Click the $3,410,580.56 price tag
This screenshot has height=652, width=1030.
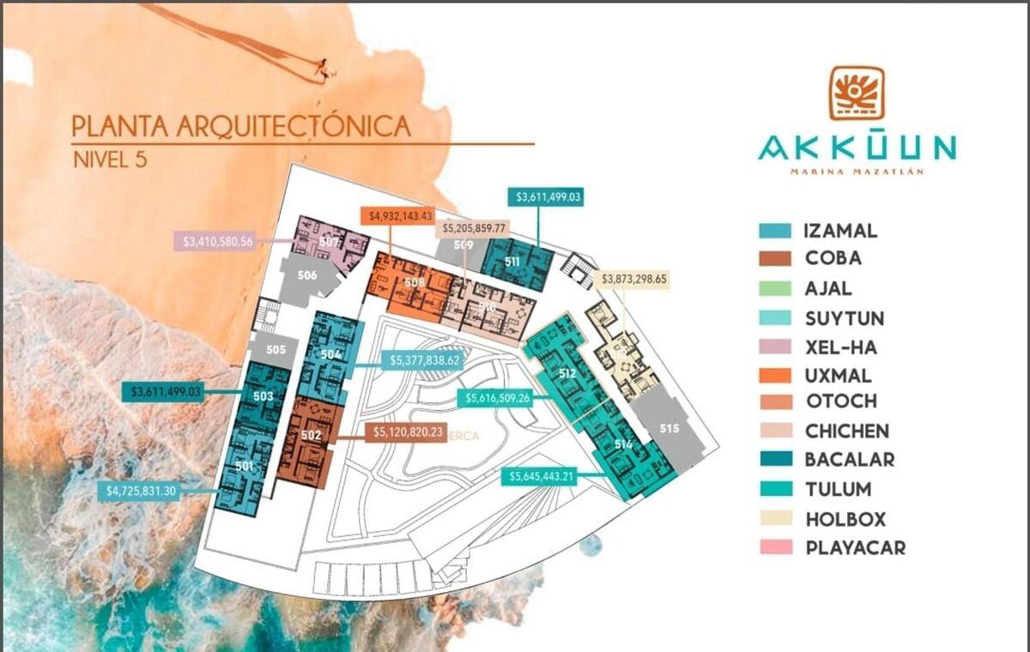pos(218,241)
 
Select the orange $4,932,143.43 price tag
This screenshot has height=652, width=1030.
pos(397,215)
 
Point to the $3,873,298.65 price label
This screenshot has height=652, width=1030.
pos(634,279)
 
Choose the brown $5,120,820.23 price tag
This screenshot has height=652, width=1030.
pos(407,432)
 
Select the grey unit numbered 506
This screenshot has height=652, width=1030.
pos(307,276)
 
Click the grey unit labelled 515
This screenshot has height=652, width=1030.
pos(670,429)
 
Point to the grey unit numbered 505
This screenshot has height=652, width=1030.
pos(276,350)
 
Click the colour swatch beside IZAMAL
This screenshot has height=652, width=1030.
pos(775,231)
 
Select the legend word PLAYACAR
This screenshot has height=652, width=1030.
pos(855,547)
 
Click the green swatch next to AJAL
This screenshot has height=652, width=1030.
pos(775,289)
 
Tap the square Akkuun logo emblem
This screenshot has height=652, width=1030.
pos(856,93)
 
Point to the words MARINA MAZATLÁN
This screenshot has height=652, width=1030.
pos(856,172)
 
